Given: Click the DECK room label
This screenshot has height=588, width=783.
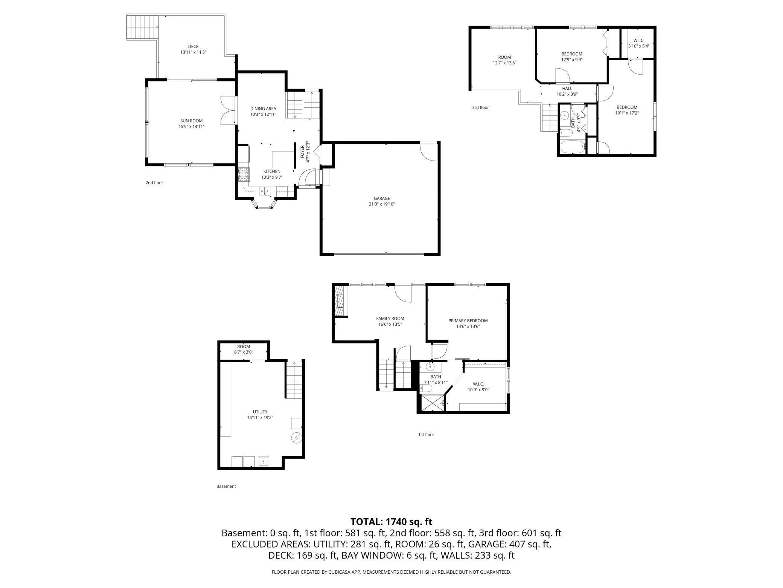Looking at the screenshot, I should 193,47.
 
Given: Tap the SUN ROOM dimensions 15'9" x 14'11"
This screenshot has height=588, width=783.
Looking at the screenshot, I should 191,127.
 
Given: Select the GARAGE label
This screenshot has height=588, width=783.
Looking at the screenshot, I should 382,198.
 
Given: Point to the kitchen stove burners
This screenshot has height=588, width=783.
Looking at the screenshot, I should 244,175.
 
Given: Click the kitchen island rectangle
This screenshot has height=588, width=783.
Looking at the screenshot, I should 283,159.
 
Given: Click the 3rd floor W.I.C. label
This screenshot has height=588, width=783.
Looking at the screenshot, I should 639,40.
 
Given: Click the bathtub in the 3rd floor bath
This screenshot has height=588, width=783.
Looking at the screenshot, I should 572,147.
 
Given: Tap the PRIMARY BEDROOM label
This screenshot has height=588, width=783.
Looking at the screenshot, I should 468,321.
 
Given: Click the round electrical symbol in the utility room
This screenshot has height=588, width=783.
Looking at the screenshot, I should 296,438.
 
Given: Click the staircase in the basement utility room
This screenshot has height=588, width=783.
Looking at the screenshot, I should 294,380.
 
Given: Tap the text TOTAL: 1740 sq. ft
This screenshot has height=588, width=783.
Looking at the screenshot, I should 391,522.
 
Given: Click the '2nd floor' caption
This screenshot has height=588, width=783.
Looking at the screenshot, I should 154,183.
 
